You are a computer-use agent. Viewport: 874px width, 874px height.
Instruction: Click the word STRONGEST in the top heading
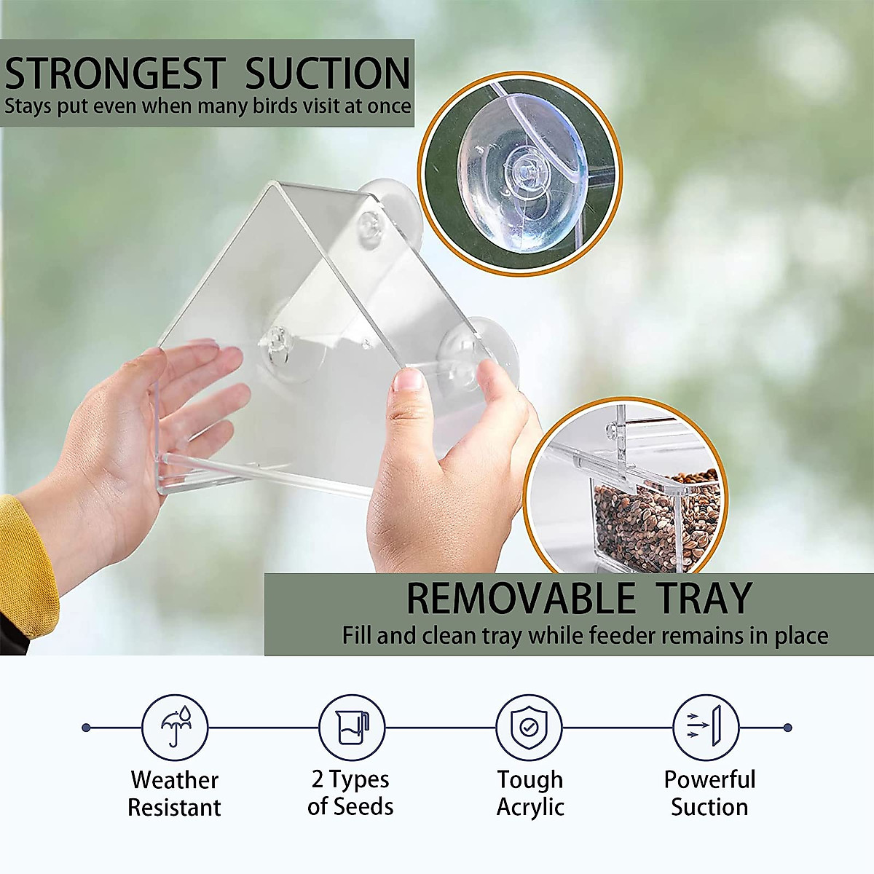[x=114, y=74]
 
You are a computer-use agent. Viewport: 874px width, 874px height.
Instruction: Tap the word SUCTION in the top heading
[x=328, y=74]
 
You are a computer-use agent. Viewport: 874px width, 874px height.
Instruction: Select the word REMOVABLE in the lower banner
[x=521, y=599]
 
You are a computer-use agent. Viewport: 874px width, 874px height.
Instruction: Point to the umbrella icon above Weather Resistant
[x=175, y=727]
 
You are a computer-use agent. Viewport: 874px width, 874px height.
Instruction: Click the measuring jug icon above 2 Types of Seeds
[x=352, y=727]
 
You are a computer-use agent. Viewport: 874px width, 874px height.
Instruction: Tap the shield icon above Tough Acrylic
[x=529, y=727]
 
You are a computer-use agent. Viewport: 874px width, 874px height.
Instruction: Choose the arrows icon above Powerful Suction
[x=706, y=727]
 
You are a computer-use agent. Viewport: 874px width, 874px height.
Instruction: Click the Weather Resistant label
[x=174, y=793]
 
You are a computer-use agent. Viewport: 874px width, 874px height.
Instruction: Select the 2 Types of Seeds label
[x=350, y=792]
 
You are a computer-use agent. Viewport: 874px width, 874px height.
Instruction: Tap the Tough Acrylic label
[x=530, y=793]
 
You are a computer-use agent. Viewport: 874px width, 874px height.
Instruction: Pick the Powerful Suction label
[x=709, y=793]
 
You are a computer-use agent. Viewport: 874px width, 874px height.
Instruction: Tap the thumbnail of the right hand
[x=409, y=381]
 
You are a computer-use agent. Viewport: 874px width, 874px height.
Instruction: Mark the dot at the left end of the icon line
[x=86, y=727]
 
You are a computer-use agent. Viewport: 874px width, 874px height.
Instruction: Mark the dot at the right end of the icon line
[x=787, y=727]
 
